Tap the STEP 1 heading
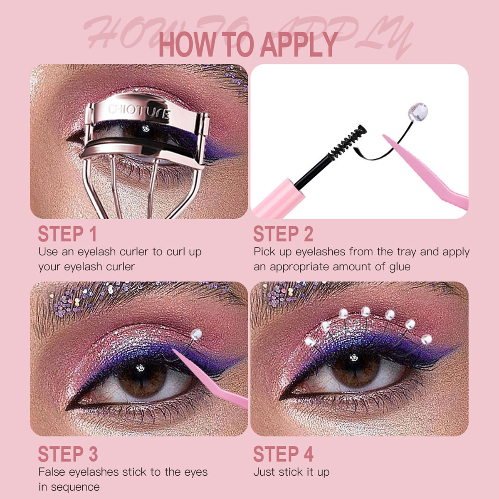point(67,234)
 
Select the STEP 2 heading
point(283,234)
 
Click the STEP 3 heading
point(68,454)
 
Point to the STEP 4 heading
point(283,454)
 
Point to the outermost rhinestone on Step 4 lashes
point(426,340)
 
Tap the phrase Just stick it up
point(291,472)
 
